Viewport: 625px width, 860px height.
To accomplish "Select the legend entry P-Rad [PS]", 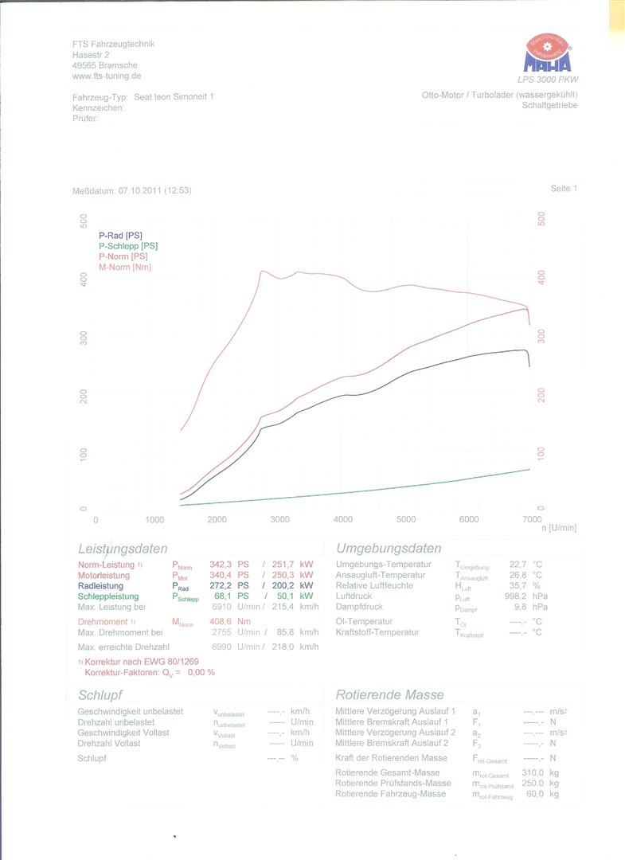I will click(120, 236).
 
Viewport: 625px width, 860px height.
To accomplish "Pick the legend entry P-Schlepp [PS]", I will click(128, 246).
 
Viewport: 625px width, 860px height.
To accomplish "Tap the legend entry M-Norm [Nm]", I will click(124, 267).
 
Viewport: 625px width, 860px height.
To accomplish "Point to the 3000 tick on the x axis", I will click(279, 520).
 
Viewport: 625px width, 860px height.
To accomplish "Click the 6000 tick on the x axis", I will click(469, 520).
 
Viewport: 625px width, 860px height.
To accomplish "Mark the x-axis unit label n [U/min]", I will click(558, 528).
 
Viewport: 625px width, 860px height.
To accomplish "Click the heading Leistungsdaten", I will click(123, 549).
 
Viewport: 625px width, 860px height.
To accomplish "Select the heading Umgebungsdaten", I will click(389, 549).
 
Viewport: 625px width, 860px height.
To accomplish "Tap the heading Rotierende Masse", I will click(389, 694).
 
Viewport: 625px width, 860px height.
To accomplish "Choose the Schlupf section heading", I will click(100, 695).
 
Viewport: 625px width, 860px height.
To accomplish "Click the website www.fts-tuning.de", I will click(107, 76).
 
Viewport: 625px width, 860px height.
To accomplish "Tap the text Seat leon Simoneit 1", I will click(174, 96).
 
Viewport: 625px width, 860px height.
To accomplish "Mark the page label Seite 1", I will click(564, 189).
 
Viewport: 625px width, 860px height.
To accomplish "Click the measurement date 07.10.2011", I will click(140, 191).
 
